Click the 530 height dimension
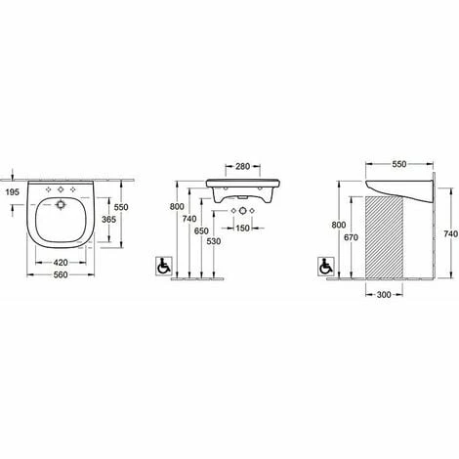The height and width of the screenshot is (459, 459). (x=214, y=241)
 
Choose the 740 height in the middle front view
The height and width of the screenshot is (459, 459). (x=187, y=221)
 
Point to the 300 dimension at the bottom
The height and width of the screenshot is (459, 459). (x=383, y=293)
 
